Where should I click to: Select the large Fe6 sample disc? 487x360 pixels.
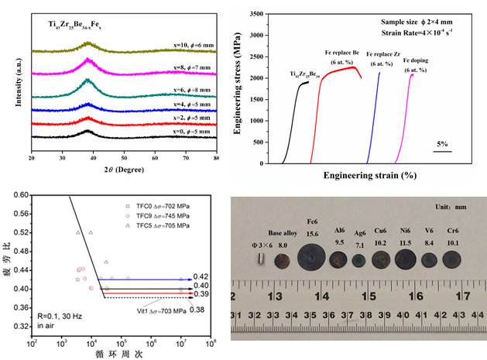click(312, 255)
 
